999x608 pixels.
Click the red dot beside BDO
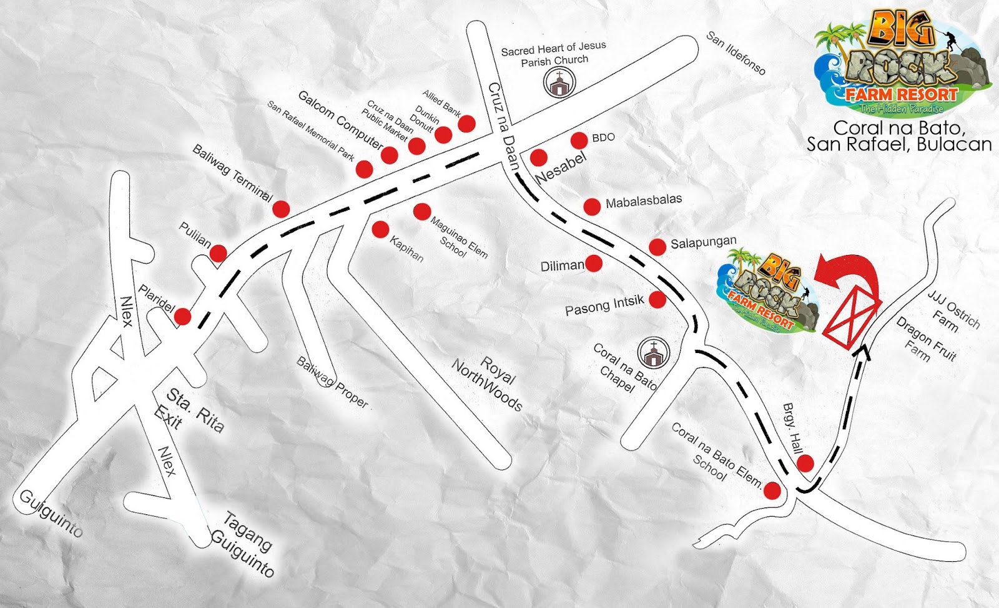coord(579,140)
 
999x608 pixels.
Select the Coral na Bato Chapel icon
coord(653,353)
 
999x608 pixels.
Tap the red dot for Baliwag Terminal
coord(281,209)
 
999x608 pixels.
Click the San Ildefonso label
coord(736,53)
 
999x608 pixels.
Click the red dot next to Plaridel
coord(182,316)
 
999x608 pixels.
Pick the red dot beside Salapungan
coord(657,247)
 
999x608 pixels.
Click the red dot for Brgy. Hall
coord(805,463)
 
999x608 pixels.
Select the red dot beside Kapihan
coord(380,229)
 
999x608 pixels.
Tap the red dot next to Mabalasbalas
coord(592,206)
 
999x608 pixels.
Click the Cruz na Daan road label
coord(504,126)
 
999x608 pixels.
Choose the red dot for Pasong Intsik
coord(657,299)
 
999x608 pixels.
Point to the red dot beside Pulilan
coord(218,253)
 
